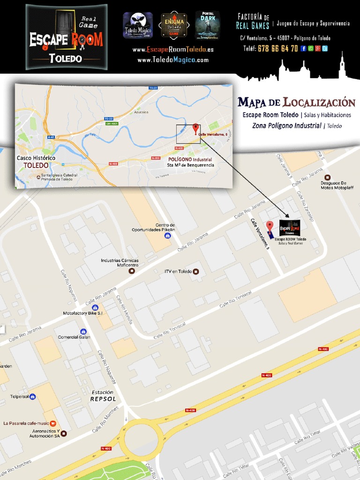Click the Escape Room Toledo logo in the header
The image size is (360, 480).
point(66,37)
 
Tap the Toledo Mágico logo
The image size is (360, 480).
point(137,25)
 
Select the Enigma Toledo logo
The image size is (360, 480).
point(174,25)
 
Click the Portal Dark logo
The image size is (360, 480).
point(207,25)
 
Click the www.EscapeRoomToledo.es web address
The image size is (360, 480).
point(173,50)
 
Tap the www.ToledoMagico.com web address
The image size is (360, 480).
point(173,60)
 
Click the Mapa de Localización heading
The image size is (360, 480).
point(296,103)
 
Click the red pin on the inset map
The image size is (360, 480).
point(195,127)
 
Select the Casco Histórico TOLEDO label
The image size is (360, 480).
point(36,162)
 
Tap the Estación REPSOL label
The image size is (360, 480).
point(103,396)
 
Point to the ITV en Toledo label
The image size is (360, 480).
point(178,271)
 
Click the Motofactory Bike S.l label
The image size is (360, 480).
point(82,313)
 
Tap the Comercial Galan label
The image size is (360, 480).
point(74,337)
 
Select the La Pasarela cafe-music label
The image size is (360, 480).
point(26,423)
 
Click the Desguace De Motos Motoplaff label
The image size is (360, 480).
point(337,185)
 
